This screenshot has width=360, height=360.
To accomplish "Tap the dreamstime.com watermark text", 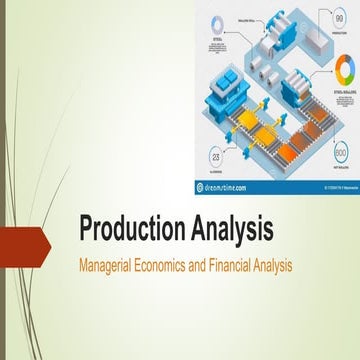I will [x=221, y=185].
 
